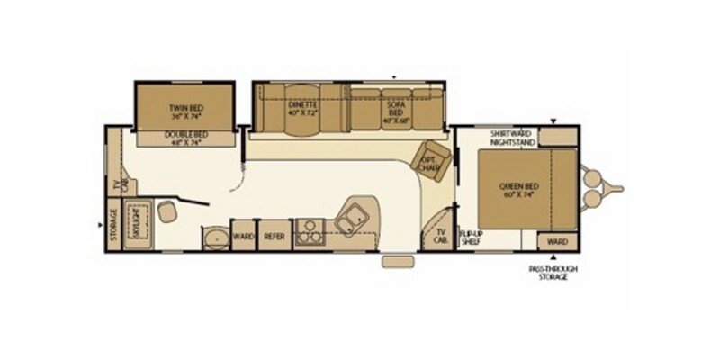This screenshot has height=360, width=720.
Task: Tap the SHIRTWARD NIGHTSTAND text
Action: (x=513, y=139)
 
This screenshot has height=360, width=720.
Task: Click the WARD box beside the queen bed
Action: (x=557, y=241)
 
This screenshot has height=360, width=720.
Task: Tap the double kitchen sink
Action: (x=352, y=215)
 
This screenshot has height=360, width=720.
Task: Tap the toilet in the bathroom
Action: (x=168, y=211)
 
